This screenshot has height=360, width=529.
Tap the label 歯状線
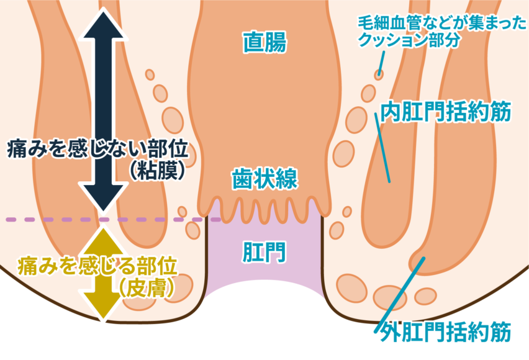[264, 179]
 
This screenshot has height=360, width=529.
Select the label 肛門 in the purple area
[264, 251]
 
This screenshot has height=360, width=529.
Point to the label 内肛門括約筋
[446, 112]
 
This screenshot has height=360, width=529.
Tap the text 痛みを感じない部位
[97, 149]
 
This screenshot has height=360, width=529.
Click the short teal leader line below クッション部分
[380, 62]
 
